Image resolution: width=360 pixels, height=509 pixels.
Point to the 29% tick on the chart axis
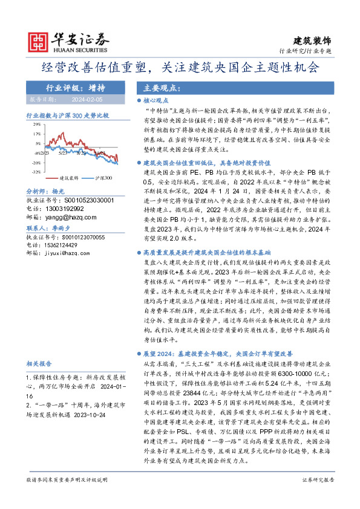pos(38,123)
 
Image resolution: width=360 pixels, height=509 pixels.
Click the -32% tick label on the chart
pos(37,172)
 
